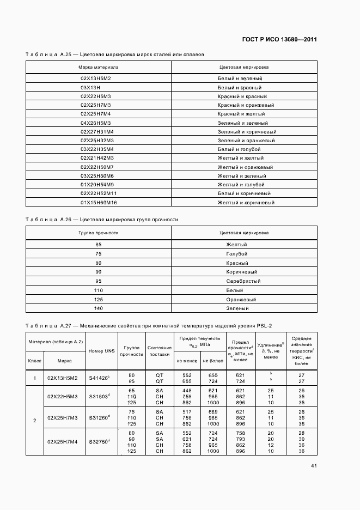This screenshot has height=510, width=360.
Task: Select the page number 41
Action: coord(314,465)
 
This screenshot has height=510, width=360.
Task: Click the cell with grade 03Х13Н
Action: coord(90,87)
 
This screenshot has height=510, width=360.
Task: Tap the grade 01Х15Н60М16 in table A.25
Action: coord(99,203)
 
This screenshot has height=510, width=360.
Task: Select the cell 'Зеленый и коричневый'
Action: coord(246,131)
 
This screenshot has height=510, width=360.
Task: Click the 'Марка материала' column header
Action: coord(99,67)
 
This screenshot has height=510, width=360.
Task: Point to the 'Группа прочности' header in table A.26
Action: coord(99,232)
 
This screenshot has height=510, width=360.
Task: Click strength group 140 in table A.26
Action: coord(99,308)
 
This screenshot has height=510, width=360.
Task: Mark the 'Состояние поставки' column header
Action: coord(160,351)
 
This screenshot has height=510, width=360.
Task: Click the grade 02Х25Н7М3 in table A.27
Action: coord(63,417)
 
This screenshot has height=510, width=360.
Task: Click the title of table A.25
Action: coord(115,54)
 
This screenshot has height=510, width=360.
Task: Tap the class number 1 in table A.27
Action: coord(34,378)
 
